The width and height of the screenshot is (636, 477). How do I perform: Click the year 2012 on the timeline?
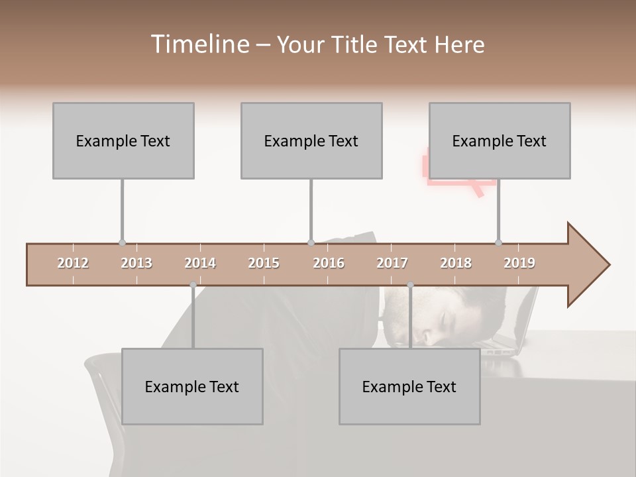tap(73, 263)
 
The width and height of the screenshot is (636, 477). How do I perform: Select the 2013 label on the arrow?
tap(136, 263)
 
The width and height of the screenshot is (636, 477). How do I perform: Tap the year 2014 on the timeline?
tap(200, 263)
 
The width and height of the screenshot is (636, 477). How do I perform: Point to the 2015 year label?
tap(264, 263)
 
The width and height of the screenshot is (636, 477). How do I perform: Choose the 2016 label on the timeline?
tap(329, 263)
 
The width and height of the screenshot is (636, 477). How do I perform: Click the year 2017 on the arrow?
tap(392, 263)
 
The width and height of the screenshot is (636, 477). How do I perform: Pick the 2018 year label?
tap(456, 263)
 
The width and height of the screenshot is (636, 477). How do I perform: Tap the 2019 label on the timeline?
tap(519, 263)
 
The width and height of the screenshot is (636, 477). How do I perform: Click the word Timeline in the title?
tap(198, 44)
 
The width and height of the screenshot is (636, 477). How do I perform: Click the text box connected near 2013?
tap(123, 140)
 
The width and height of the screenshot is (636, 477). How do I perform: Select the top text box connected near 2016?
tap(311, 140)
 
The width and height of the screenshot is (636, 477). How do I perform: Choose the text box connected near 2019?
tap(500, 140)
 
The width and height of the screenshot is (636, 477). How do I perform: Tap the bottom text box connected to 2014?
tap(192, 386)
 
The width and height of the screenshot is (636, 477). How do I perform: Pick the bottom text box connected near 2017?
tap(409, 386)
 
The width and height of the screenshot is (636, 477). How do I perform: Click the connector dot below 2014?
tap(193, 285)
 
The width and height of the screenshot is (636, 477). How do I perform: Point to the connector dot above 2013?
tap(122, 242)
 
